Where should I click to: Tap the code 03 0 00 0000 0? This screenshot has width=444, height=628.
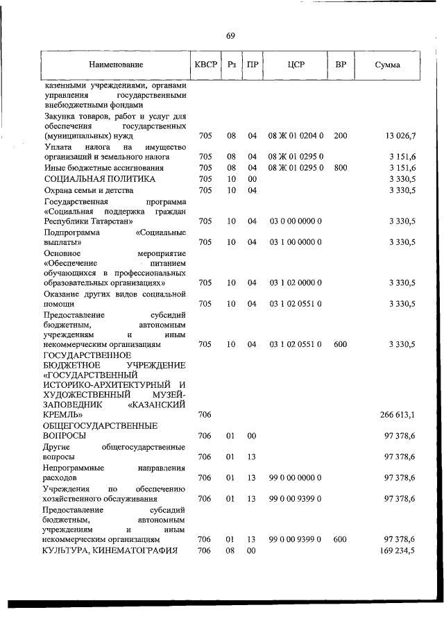[296, 221]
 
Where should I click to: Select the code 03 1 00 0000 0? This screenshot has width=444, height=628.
[296, 242]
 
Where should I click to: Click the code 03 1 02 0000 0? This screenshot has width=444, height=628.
[296, 282]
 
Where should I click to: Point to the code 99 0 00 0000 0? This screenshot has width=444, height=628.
[296, 477]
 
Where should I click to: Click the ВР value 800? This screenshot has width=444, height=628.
[340, 167]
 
